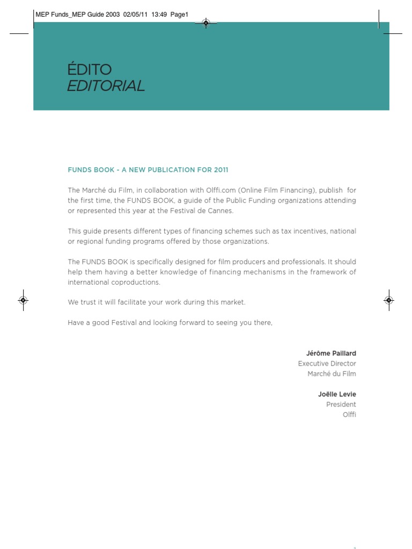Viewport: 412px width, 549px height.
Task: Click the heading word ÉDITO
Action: [x=89, y=69]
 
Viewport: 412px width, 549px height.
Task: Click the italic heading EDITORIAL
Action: [x=106, y=86]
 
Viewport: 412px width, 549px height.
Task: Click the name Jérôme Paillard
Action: [x=331, y=353]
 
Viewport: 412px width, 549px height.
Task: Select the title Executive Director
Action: [x=327, y=363]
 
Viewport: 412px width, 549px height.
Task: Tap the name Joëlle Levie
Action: [x=337, y=395]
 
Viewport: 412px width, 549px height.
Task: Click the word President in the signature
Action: [x=341, y=404]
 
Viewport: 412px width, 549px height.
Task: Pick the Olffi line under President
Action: [x=349, y=414]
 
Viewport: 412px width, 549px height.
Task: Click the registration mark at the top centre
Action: [x=206, y=22]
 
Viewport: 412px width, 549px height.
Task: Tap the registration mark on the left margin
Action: [x=23, y=300]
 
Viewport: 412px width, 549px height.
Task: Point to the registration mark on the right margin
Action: [x=389, y=300]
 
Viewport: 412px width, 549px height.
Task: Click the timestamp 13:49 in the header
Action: [x=159, y=14]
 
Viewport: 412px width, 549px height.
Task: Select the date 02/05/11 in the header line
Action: [x=136, y=14]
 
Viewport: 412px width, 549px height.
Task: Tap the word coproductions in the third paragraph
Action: [x=136, y=282]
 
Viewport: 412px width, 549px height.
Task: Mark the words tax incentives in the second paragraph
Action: [x=308, y=231]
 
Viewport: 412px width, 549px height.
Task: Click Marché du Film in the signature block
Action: [x=332, y=374]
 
